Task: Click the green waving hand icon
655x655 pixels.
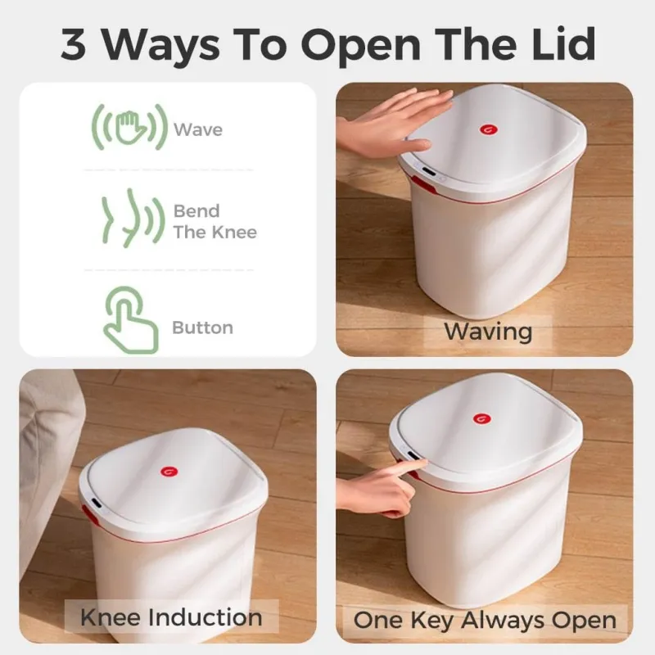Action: [x=129, y=129]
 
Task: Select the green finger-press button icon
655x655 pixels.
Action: [x=129, y=318]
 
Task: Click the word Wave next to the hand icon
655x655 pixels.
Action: [x=197, y=129]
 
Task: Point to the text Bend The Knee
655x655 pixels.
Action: [x=215, y=221]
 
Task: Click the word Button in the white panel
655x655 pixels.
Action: [x=202, y=327]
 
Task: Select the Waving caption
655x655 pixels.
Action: [x=488, y=331]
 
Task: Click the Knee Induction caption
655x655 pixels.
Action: [x=171, y=617]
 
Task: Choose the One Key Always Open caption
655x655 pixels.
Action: [x=484, y=620]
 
